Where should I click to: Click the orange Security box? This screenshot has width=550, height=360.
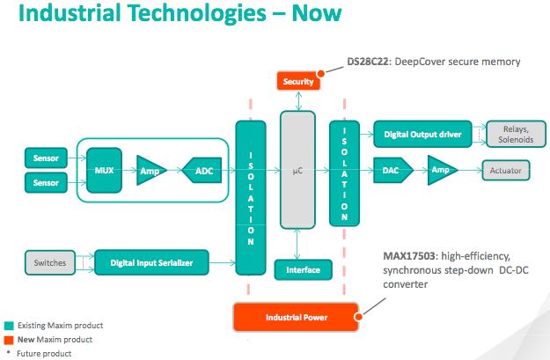coord(298,81)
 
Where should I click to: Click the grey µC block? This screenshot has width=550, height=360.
coord(297,170)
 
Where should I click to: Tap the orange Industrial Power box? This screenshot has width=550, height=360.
coord(296,317)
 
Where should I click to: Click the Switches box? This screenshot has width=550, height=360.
coord(50,262)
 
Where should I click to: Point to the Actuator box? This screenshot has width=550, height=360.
coord(505,170)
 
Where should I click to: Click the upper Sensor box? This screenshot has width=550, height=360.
coord(46,158)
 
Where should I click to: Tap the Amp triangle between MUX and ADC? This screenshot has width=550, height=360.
coord(150,170)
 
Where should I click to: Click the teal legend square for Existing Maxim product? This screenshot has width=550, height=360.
coord(9,325)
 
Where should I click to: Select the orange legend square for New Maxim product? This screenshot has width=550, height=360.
coord(9,339)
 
